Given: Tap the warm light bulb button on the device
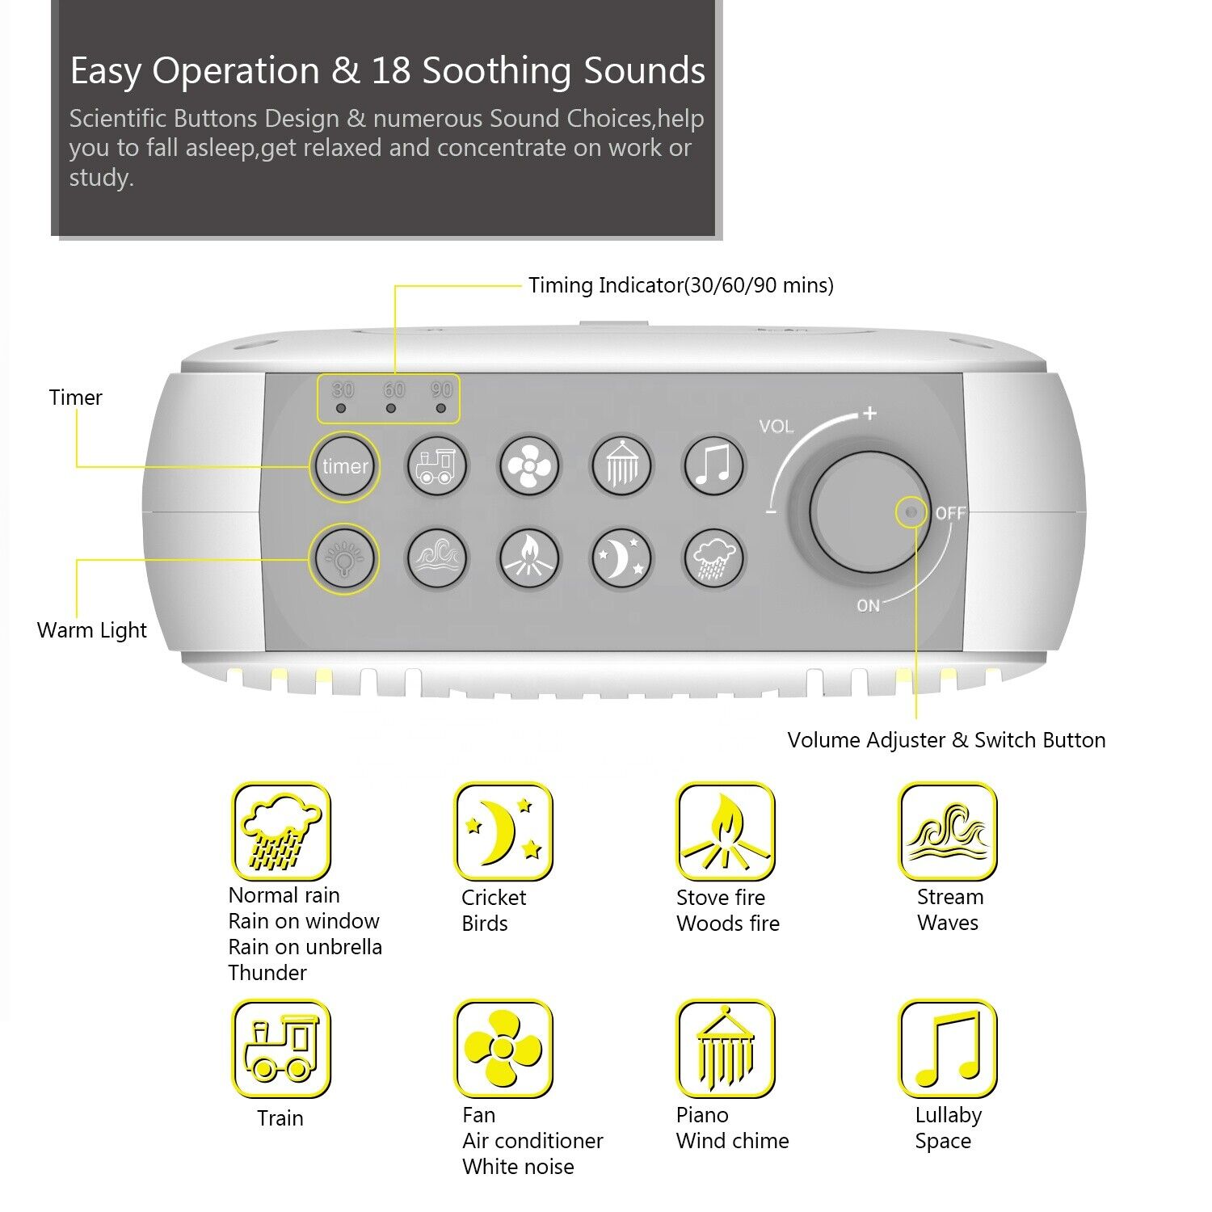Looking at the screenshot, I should [x=345, y=558].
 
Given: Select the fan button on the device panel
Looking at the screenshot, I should [x=529, y=466].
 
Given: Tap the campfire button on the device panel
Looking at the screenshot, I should [x=529, y=558].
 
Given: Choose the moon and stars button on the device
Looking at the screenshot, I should [x=621, y=558].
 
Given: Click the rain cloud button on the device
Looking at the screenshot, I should [x=714, y=558].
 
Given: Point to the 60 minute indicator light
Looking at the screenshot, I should [x=391, y=408].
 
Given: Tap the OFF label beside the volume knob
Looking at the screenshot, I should [x=950, y=513].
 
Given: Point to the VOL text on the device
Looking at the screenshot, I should [x=776, y=427].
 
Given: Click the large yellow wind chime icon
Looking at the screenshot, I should [x=726, y=1049].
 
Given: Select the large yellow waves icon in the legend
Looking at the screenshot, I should [x=948, y=831].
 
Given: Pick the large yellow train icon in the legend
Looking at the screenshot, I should [x=281, y=1049].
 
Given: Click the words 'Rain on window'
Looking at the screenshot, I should [x=304, y=921].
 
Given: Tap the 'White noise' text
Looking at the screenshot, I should [x=518, y=1167].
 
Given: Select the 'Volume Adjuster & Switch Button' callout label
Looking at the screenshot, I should [x=946, y=740].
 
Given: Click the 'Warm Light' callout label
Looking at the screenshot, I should [x=92, y=630].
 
